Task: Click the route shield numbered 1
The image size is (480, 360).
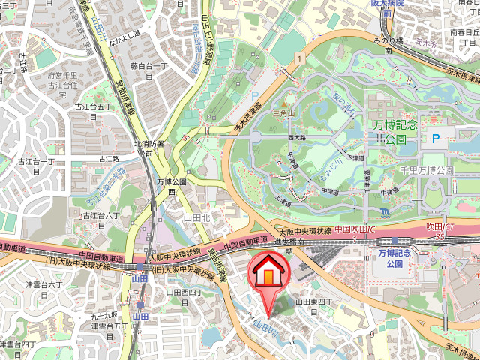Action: tap(298, 58)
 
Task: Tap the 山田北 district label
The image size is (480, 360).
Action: tap(199, 218)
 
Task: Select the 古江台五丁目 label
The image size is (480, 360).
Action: tap(92, 112)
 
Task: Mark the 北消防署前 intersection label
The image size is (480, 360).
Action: tap(148, 148)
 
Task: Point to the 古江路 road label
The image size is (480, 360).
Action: tap(109, 159)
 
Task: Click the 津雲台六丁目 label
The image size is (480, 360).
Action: tap(45, 289)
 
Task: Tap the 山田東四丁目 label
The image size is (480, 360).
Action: tap(313, 306)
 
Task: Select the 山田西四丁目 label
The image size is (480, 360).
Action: tap(184, 298)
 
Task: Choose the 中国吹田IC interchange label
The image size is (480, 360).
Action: tap(355, 229)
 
